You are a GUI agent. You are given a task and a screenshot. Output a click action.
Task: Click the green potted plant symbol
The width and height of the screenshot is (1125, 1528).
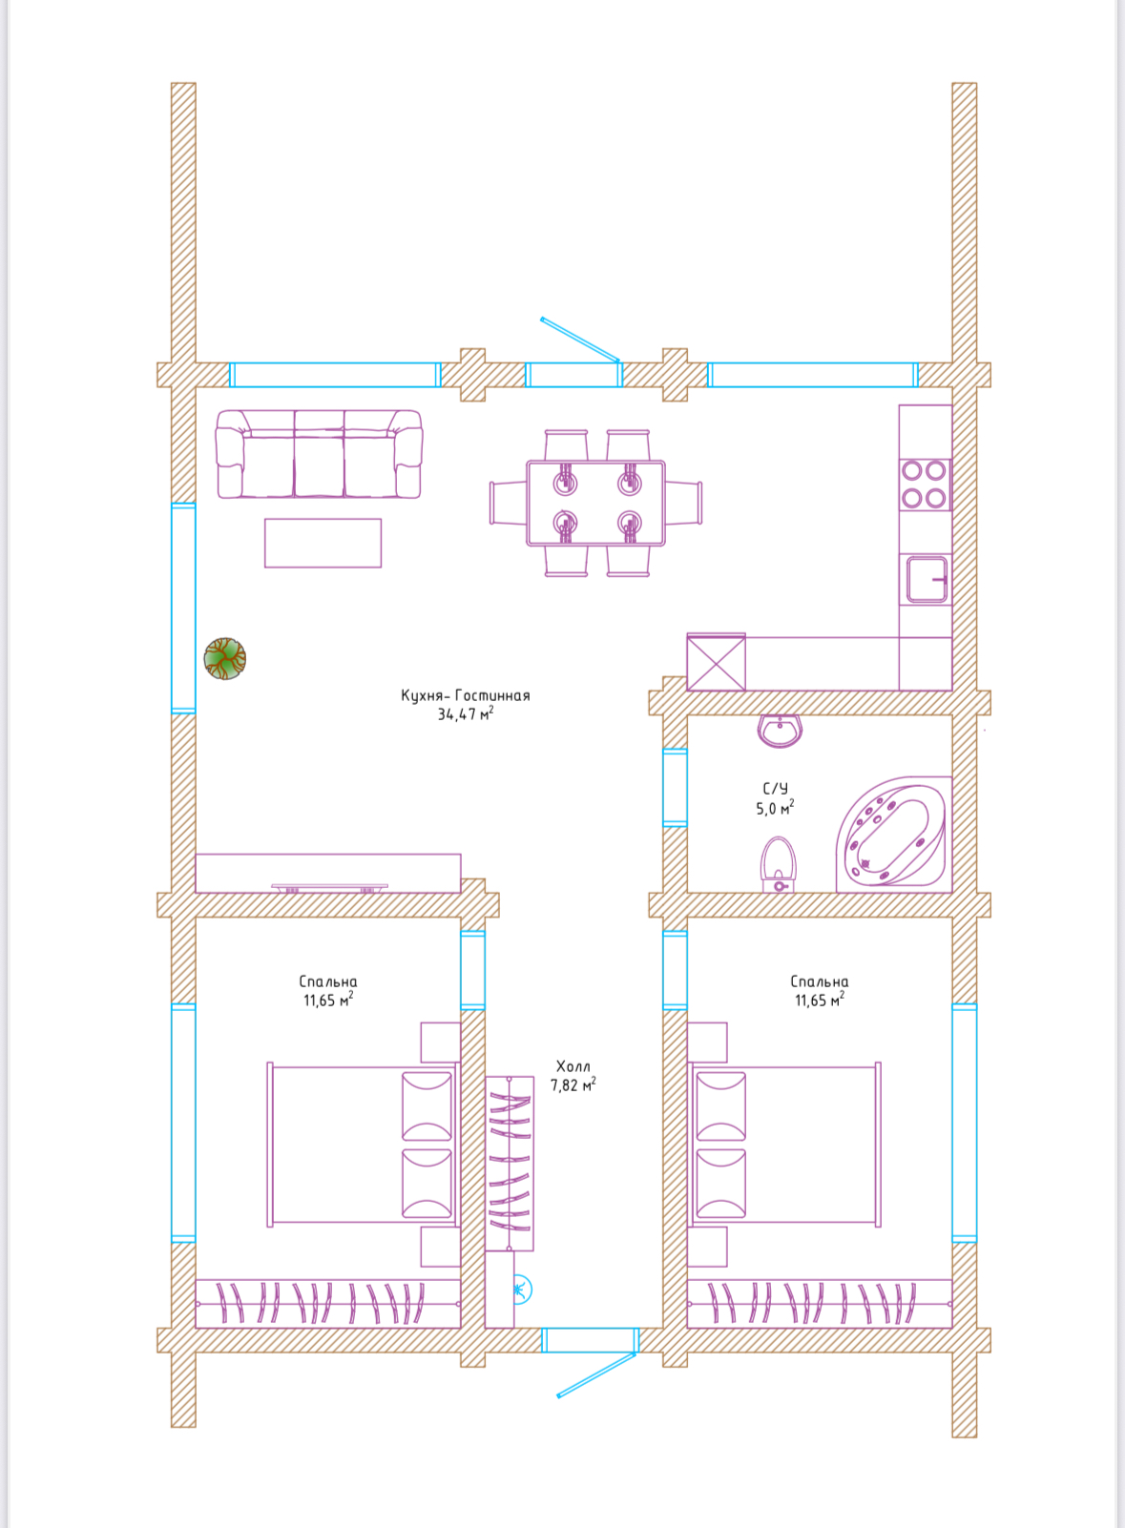coord(224,658)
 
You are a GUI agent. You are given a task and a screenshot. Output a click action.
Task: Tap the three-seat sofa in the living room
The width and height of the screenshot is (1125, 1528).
coord(319,454)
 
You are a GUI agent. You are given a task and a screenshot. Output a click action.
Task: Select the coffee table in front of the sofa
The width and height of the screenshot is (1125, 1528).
coord(323,543)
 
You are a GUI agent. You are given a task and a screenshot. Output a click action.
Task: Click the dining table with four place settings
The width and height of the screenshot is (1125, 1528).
coord(595,504)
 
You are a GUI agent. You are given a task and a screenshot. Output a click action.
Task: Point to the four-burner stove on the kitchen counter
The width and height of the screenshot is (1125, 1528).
coord(925,485)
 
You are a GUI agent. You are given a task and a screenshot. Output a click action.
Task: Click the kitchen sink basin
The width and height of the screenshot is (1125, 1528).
coord(927,580)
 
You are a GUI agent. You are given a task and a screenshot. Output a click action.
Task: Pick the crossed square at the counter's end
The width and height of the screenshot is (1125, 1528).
coord(716,662)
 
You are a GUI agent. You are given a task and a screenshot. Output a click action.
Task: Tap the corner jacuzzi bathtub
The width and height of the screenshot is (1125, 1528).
coord(894,835)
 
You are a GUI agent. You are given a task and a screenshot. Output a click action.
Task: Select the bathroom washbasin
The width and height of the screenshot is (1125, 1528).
coord(780,732)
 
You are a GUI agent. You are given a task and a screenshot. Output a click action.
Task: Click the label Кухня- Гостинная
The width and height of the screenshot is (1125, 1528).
coord(466,695)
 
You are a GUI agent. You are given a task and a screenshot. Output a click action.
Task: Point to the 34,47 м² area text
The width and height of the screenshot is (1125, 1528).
coord(466,714)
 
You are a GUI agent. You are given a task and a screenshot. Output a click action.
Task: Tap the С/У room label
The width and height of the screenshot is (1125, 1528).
coord(775,789)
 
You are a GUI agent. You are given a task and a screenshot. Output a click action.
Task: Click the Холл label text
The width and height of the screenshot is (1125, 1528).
coord(573,1066)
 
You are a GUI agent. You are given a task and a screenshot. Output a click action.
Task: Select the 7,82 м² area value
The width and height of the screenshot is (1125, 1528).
coord(573,1084)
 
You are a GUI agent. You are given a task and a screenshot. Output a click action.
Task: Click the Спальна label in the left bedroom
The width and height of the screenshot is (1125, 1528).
coord(328,981)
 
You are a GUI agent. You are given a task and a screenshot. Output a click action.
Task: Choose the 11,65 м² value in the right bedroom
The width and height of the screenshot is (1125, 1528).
coord(820,1000)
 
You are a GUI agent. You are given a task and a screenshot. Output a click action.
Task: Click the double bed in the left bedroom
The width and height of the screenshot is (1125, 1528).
coord(363,1144)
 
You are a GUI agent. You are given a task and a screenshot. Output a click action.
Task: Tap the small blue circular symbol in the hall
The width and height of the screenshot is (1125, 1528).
coord(521,1290)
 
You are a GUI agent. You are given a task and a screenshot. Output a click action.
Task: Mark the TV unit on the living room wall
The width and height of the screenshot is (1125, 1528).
coord(328,873)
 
